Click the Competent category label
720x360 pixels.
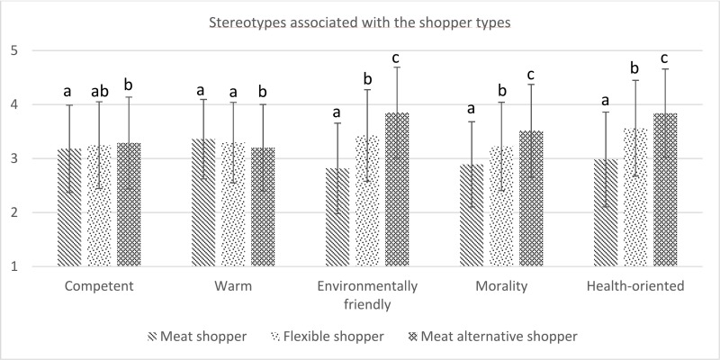click(x=99, y=286)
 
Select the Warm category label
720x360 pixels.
click(x=232, y=286)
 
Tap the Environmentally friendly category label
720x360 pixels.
click(x=367, y=294)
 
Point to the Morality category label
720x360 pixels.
click(x=503, y=286)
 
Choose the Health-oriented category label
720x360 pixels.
click(x=637, y=286)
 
